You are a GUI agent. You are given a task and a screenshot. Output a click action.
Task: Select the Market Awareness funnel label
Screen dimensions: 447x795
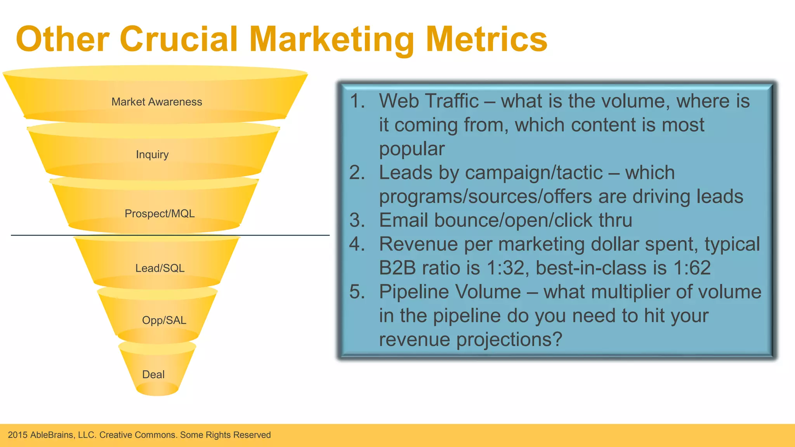(x=156, y=102)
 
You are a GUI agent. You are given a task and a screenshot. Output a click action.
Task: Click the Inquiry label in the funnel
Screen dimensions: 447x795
(x=152, y=154)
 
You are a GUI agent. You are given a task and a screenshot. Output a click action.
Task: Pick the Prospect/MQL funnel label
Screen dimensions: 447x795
(x=160, y=213)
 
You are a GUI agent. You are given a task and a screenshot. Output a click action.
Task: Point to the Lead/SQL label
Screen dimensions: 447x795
(x=160, y=268)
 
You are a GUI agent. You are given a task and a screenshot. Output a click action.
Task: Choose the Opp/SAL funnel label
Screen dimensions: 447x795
(x=164, y=320)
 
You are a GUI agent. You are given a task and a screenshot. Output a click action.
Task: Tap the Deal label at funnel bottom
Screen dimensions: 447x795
(x=153, y=374)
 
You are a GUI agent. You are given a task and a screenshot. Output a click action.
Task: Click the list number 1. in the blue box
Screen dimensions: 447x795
(x=357, y=101)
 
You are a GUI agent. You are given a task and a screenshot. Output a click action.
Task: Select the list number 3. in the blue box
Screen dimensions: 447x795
(x=357, y=220)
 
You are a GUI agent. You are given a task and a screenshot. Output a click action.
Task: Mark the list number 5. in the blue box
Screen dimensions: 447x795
(x=357, y=292)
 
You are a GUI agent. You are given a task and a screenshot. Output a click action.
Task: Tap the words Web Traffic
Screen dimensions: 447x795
(x=429, y=101)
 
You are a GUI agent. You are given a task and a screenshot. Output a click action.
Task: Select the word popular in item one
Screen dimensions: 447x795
(x=411, y=149)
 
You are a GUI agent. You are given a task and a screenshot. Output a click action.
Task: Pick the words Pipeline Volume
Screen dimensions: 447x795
(x=450, y=292)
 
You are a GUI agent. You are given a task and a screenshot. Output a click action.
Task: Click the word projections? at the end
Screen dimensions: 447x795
(x=509, y=340)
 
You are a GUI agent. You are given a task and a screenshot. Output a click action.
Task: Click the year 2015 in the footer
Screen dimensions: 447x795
(x=17, y=435)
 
